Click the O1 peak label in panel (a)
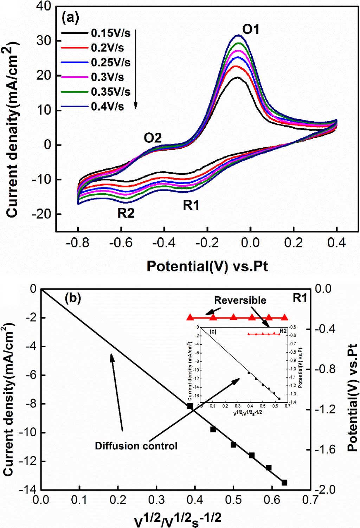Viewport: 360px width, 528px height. click(251, 29)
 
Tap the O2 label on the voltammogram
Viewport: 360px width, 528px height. click(153, 138)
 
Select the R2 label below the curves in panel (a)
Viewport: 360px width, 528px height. click(126, 213)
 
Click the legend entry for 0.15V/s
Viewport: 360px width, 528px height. click(110, 33)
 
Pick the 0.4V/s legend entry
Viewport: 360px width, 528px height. click(107, 106)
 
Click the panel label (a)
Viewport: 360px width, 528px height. click(70, 17)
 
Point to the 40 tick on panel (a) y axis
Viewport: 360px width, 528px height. click(44, 7)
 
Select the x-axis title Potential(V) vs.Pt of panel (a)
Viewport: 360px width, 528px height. click(207, 266)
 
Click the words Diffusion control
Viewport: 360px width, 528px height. click(136, 446)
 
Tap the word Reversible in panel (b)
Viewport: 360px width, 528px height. click(240, 300)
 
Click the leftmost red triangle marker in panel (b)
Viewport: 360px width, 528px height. click(190, 317)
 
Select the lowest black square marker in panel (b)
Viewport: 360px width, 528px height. click(284, 483)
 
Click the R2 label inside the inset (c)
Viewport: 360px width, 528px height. click(283, 330)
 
